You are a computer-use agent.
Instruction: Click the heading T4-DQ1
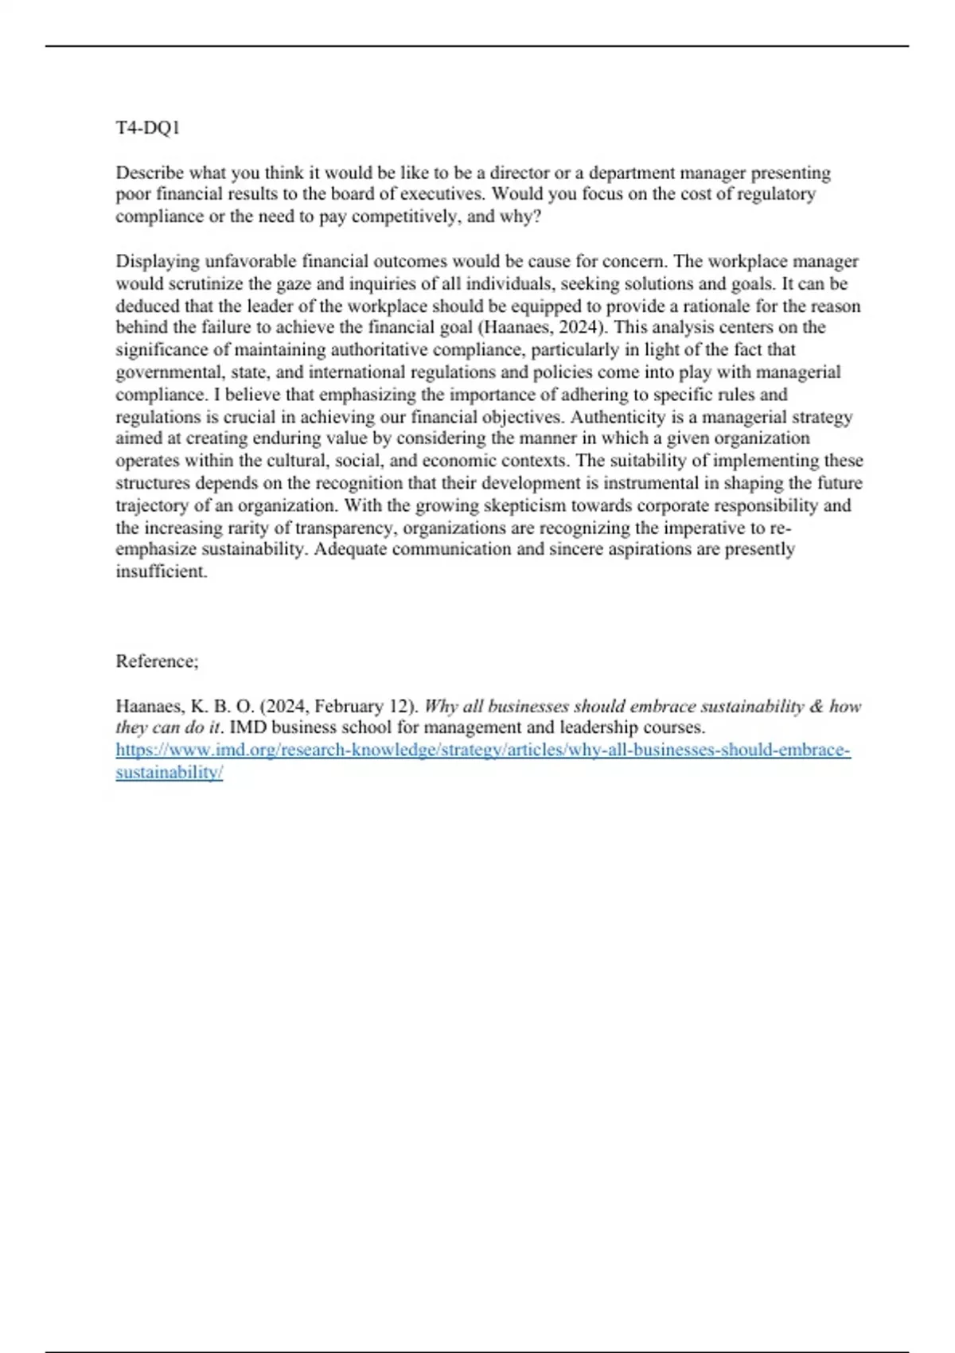pos(148,127)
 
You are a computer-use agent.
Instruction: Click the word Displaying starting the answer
pos(157,262)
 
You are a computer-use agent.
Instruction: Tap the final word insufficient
pos(162,571)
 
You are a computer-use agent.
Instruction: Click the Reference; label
pos(157,661)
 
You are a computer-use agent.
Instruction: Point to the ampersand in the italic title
pos(816,706)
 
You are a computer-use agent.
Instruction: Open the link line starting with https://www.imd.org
pos(483,751)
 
